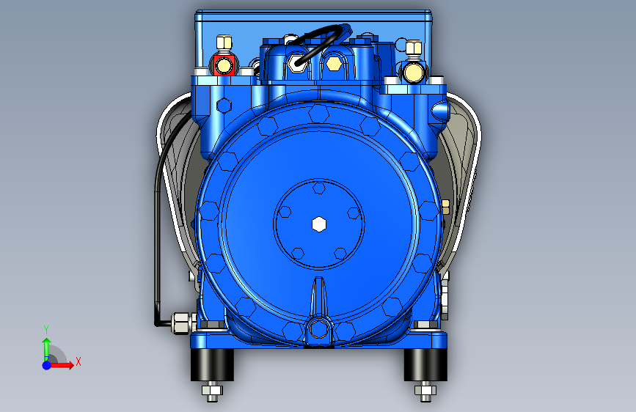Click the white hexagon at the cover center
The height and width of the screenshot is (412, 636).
point(319,224)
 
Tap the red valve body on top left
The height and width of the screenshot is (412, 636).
point(222,66)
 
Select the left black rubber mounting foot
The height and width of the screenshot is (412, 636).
point(212,364)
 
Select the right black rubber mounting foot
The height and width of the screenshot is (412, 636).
point(425,364)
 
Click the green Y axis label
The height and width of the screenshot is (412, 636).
point(46,330)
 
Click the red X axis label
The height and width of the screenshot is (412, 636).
point(78,361)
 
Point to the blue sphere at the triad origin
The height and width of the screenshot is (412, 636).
point(47,365)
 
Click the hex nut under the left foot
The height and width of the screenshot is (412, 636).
point(212,391)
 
